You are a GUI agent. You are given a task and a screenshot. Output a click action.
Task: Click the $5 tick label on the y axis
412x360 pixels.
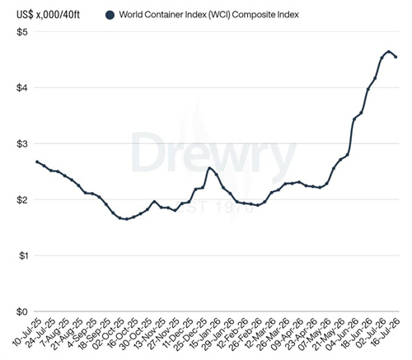click(22, 32)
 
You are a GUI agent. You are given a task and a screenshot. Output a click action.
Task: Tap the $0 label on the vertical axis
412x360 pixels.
click(22, 311)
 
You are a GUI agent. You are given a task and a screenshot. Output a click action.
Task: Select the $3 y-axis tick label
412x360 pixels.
click(22, 144)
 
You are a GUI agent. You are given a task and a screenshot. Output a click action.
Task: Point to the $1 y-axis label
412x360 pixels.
click(22, 255)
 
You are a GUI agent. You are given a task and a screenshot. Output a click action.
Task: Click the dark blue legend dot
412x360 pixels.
click(110, 15)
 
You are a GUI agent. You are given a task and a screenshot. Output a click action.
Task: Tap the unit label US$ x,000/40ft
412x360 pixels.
click(48, 15)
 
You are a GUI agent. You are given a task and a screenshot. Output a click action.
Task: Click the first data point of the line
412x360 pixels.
click(37, 161)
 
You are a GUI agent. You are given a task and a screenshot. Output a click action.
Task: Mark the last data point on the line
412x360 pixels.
click(396, 57)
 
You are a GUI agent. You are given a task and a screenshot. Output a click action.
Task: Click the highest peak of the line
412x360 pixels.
click(388, 51)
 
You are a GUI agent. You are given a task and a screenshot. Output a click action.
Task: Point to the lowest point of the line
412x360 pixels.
click(126, 219)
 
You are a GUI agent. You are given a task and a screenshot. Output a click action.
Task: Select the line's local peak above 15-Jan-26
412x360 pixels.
click(209, 168)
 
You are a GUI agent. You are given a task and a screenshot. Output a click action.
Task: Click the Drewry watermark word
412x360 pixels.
click(213, 152)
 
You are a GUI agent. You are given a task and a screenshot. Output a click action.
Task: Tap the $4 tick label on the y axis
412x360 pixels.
click(22, 88)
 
